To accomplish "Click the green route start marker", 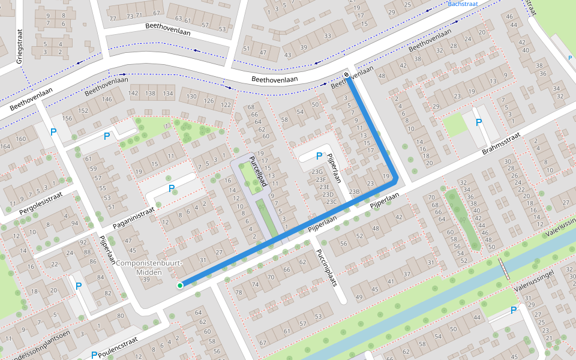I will tap(180, 286).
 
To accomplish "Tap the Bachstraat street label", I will tap(464, 4).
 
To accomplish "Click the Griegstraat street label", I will tap(19, 44).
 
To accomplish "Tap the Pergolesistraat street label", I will tap(40, 203).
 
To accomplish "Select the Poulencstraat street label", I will tap(118, 347).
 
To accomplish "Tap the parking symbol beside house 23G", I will tap(319, 156).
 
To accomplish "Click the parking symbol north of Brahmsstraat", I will tap(478, 123).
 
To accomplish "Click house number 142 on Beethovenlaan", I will tap(133, 93).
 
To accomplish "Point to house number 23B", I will tap(355, 192).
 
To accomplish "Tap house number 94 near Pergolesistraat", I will tap(74, 223).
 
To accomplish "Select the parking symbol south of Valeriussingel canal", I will tap(513, 310).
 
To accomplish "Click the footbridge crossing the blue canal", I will tap(504, 269).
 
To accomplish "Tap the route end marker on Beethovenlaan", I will tap(347, 75).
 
